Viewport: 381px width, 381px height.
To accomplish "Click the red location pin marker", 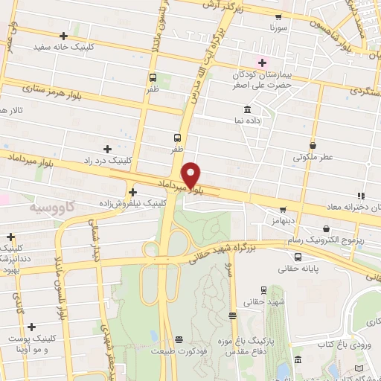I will [x=192, y=174].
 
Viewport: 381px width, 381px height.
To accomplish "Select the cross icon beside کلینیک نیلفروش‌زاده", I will [x=132, y=191].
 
